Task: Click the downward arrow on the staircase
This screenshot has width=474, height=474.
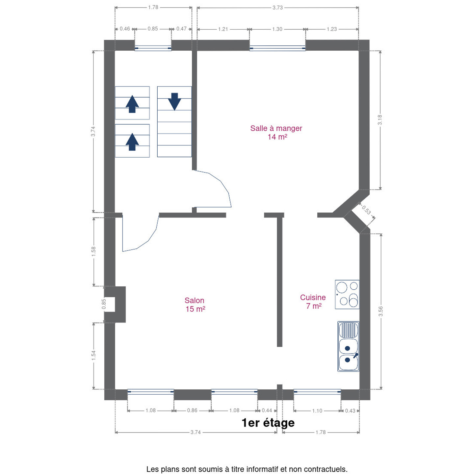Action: pos(174,102)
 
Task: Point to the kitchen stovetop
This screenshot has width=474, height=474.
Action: pos(347,294)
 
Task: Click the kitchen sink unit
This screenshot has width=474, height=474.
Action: pos(348,346)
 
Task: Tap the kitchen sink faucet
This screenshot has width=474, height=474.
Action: pos(356,355)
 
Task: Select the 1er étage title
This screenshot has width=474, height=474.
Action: pos(268,423)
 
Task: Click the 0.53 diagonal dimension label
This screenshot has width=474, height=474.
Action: pos(366,210)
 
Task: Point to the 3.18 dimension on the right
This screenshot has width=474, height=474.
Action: pos(380,120)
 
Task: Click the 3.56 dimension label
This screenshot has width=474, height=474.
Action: pos(381,311)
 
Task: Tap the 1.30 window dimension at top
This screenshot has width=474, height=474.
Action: pos(277,29)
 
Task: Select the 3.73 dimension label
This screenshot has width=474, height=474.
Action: pos(277,8)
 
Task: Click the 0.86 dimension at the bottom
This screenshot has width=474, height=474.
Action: pos(192,410)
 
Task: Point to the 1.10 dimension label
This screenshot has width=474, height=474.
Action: pos(317,410)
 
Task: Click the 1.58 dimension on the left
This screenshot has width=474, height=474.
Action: pos(93,251)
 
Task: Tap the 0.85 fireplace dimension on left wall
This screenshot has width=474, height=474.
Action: pos(104,304)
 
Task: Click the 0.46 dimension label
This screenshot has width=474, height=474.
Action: pos(125,29)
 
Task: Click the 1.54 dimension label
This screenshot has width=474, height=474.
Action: pos(93,355)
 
